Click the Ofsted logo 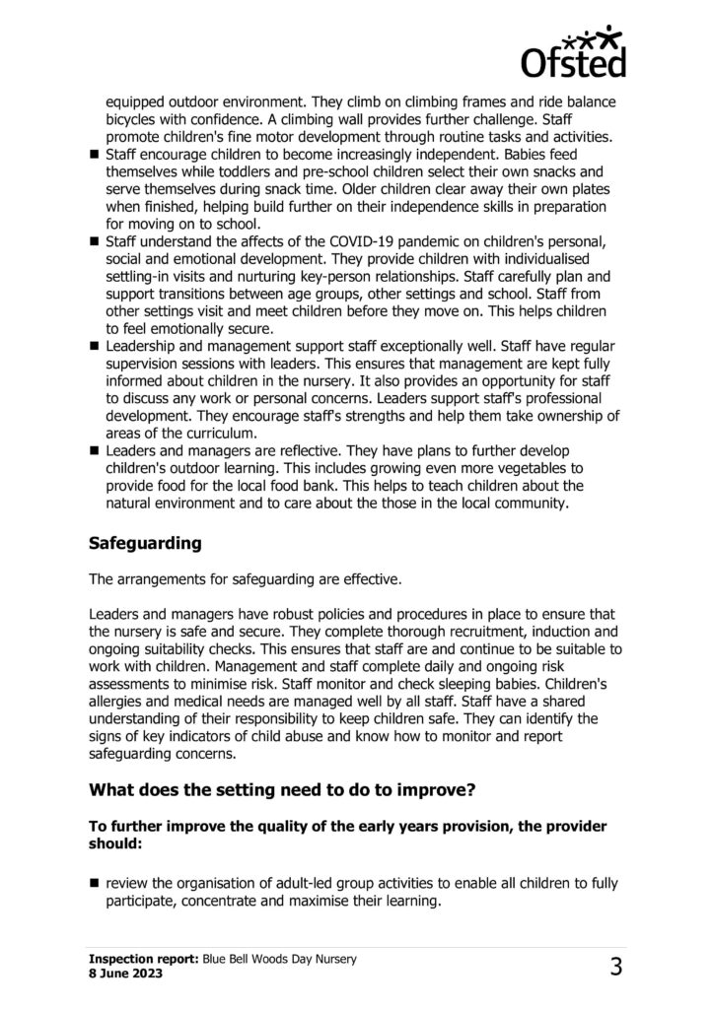point(572,50)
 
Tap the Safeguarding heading point(146,543)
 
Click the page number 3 point(615,967)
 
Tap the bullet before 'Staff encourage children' point(95,156)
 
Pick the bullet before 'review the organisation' point(95,880)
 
